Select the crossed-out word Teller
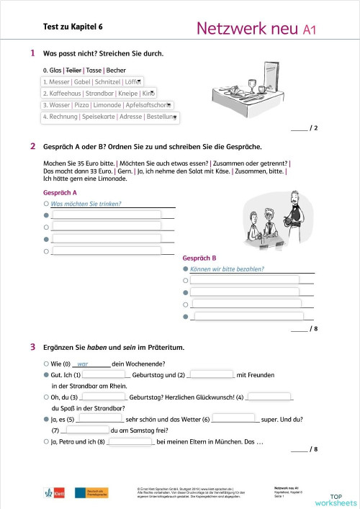coord(74,70)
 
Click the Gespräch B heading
coord(199,258)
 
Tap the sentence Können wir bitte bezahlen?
coord(227,269)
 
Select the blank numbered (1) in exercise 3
coord(104,374)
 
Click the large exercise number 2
coord(32,146)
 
